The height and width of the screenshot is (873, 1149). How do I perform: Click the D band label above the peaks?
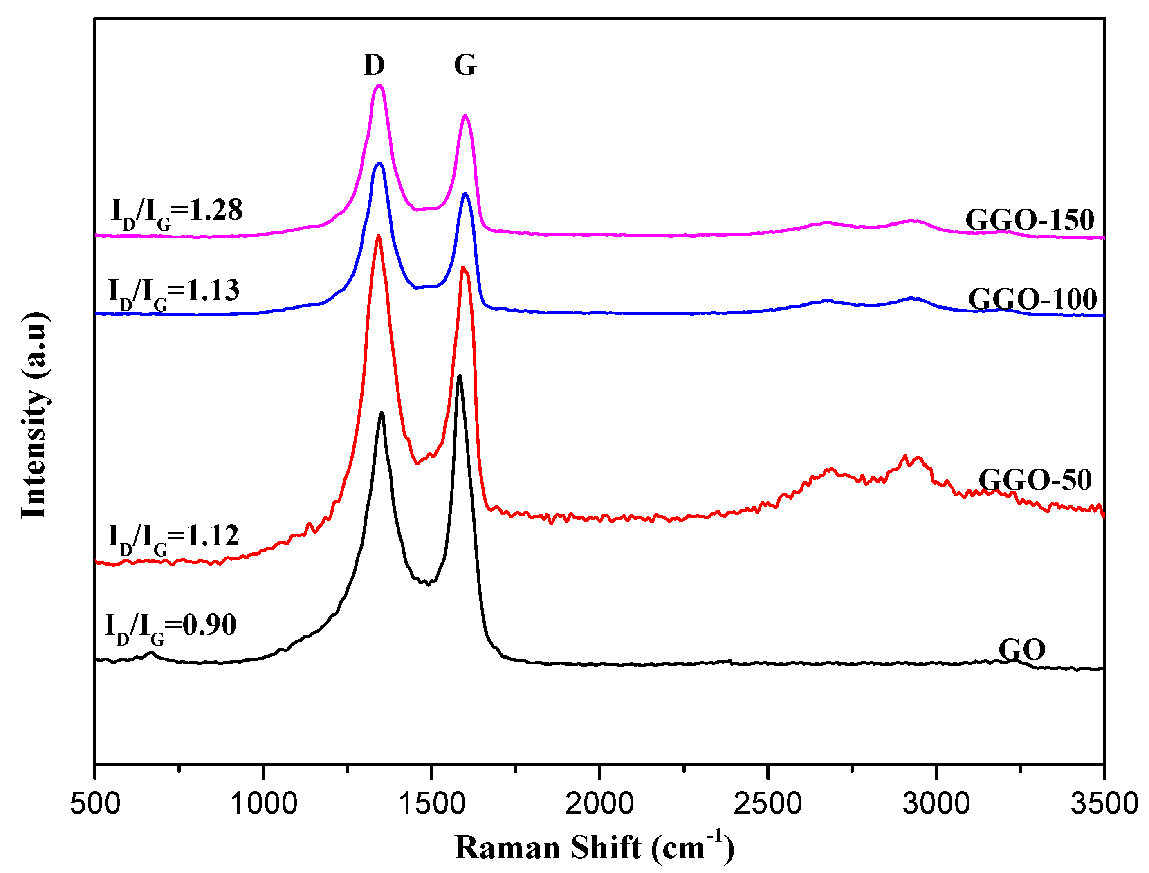374,65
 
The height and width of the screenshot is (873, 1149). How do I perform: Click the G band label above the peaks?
465,65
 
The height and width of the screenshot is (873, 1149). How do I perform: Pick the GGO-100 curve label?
1032,299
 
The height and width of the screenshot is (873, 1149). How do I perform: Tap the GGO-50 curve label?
1035,480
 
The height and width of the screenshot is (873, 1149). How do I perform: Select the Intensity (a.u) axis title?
35,416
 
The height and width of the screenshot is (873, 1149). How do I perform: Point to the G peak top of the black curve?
459,375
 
